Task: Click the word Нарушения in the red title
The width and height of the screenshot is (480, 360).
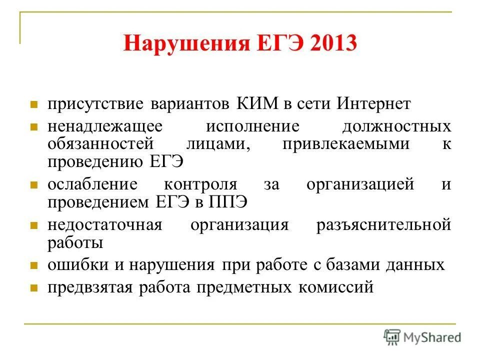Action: point(185,43)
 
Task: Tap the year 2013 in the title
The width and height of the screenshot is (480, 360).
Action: point(333,43)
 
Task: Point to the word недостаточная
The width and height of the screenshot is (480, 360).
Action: point(104,224)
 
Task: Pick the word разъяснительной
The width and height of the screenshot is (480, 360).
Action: point(384,224)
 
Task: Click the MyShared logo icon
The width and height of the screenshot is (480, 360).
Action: point(392,337)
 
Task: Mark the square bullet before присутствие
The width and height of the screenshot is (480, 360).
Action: point(34,105)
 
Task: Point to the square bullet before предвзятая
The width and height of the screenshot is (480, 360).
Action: point(34,289)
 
